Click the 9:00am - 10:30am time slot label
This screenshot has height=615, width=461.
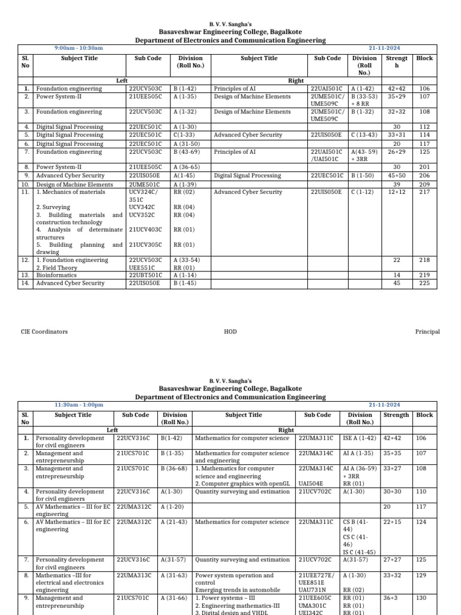pos(79,48)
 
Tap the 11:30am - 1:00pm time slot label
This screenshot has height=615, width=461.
pos(79,405)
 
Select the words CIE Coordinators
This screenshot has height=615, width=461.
pos(44,332)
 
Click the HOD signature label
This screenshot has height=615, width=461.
pos(230,332)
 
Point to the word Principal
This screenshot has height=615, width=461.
pos(427,332)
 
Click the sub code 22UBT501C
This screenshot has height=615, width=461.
pos(145,275)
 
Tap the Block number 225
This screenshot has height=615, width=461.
pos(424,283)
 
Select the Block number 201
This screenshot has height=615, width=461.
pos(424,167)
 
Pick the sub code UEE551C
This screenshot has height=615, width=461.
pos(142,268)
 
